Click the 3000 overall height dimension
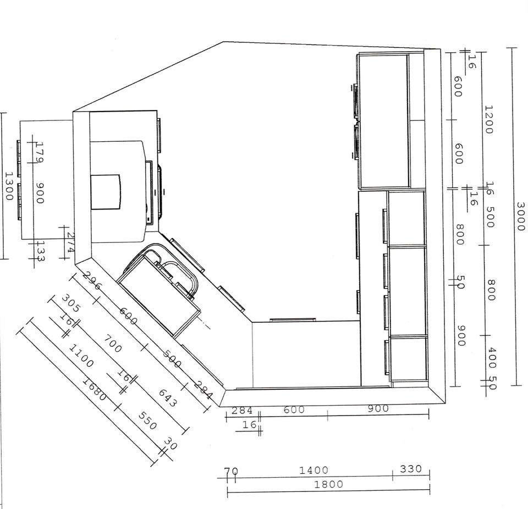(x=521, y=217)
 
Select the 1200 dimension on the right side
(x=488, y=119)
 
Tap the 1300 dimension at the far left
(x=9, y=186)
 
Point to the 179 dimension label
(x=40, y=152)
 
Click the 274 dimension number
(x=70, y=242)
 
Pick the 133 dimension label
(x=40, y=251)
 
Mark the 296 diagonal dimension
(x=92, y=280)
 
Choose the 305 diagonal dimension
(x=71, y=303)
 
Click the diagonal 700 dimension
(x=112, y=344)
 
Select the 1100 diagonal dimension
(x=81, y=356)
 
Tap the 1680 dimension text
(x=95, y=390)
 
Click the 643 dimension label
(x=167, y=398)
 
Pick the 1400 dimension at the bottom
(x=314, y=470)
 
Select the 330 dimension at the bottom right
(x=411, y=469)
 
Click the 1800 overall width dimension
(x=329, y=484)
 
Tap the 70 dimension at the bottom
(x=232, y=471)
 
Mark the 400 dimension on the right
(x=492, y=358)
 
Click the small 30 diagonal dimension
(x=170, y=444)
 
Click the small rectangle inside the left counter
(x=106, y=192)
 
